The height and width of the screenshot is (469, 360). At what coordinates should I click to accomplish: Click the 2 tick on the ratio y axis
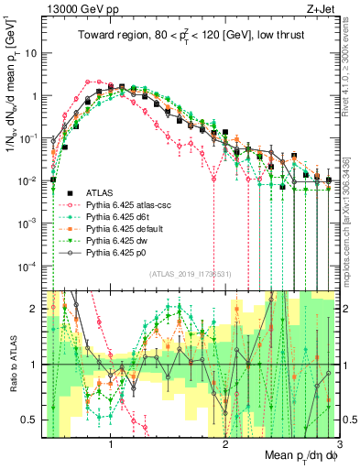[37, 308]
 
